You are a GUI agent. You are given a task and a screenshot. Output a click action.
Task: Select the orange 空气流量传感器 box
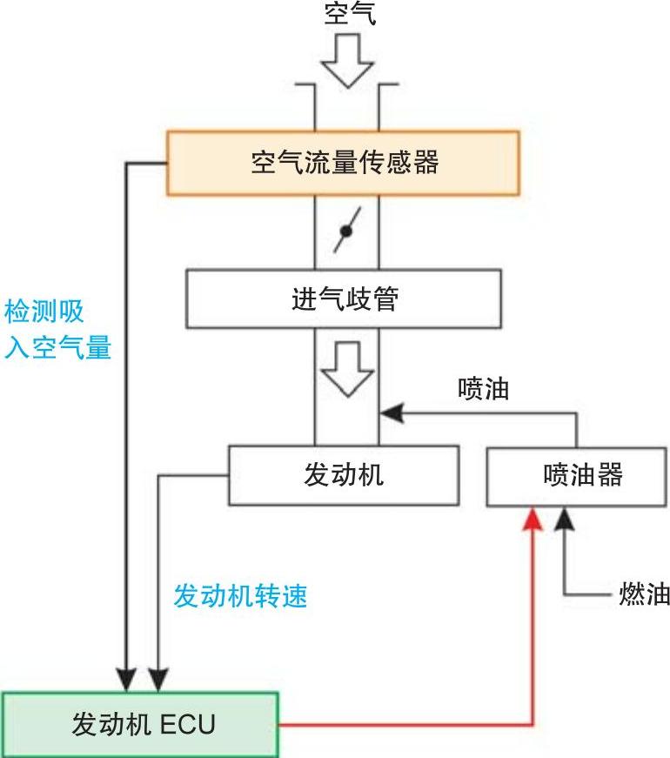pyautogui.click(x=344, y=163)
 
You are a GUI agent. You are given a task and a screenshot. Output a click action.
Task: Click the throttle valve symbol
pyautogui.click(x=345, y=231)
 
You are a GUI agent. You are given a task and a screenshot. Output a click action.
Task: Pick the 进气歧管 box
pyautogui.click(x=344, y=299)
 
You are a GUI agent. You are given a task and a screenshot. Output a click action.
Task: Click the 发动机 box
pyautogui.click(x=344, y=475)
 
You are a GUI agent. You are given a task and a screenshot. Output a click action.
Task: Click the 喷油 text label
pyautogui.click(x=483, y=389)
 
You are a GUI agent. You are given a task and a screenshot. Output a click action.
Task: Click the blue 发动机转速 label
pyautogui.click(x=241, y=596)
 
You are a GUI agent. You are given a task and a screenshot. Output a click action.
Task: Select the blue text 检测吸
pyautogui.click(x=44, y=312)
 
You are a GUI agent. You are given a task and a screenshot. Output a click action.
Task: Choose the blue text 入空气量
pyautogui.click(x=58, y=348)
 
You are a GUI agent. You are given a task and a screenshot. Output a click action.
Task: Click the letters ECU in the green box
pyautogui.click(x=187, y=724)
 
